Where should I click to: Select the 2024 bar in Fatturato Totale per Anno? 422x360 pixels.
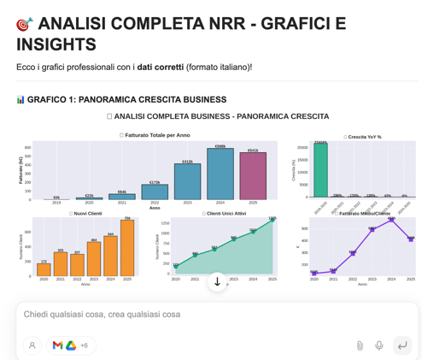click(220, 175)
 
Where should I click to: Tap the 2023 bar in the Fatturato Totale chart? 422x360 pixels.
click(187, 181)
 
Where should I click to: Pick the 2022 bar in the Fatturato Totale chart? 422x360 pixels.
click(155, 192)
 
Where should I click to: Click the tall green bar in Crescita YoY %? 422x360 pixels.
click(320, 170)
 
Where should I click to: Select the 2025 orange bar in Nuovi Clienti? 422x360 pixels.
click(127, 248)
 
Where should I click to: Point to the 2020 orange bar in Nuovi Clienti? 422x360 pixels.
click(44, 269)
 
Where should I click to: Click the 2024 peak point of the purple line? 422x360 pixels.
click(391, 220)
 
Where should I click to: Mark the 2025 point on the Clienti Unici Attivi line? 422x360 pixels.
click(273, 220)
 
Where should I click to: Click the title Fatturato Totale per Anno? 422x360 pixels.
click(156, 135)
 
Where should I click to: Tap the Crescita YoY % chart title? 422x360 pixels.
click(364, 136)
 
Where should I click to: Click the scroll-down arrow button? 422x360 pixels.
click(217, 281)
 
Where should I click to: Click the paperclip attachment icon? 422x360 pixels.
click(360, 345)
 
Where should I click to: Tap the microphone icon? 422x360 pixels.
click(379, 345)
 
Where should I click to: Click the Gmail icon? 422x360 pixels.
click(57, 345)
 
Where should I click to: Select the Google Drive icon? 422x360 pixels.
click(71, 345)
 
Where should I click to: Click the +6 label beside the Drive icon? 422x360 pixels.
click(84, 345)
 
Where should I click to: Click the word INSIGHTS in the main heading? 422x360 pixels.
click(56, 44)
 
